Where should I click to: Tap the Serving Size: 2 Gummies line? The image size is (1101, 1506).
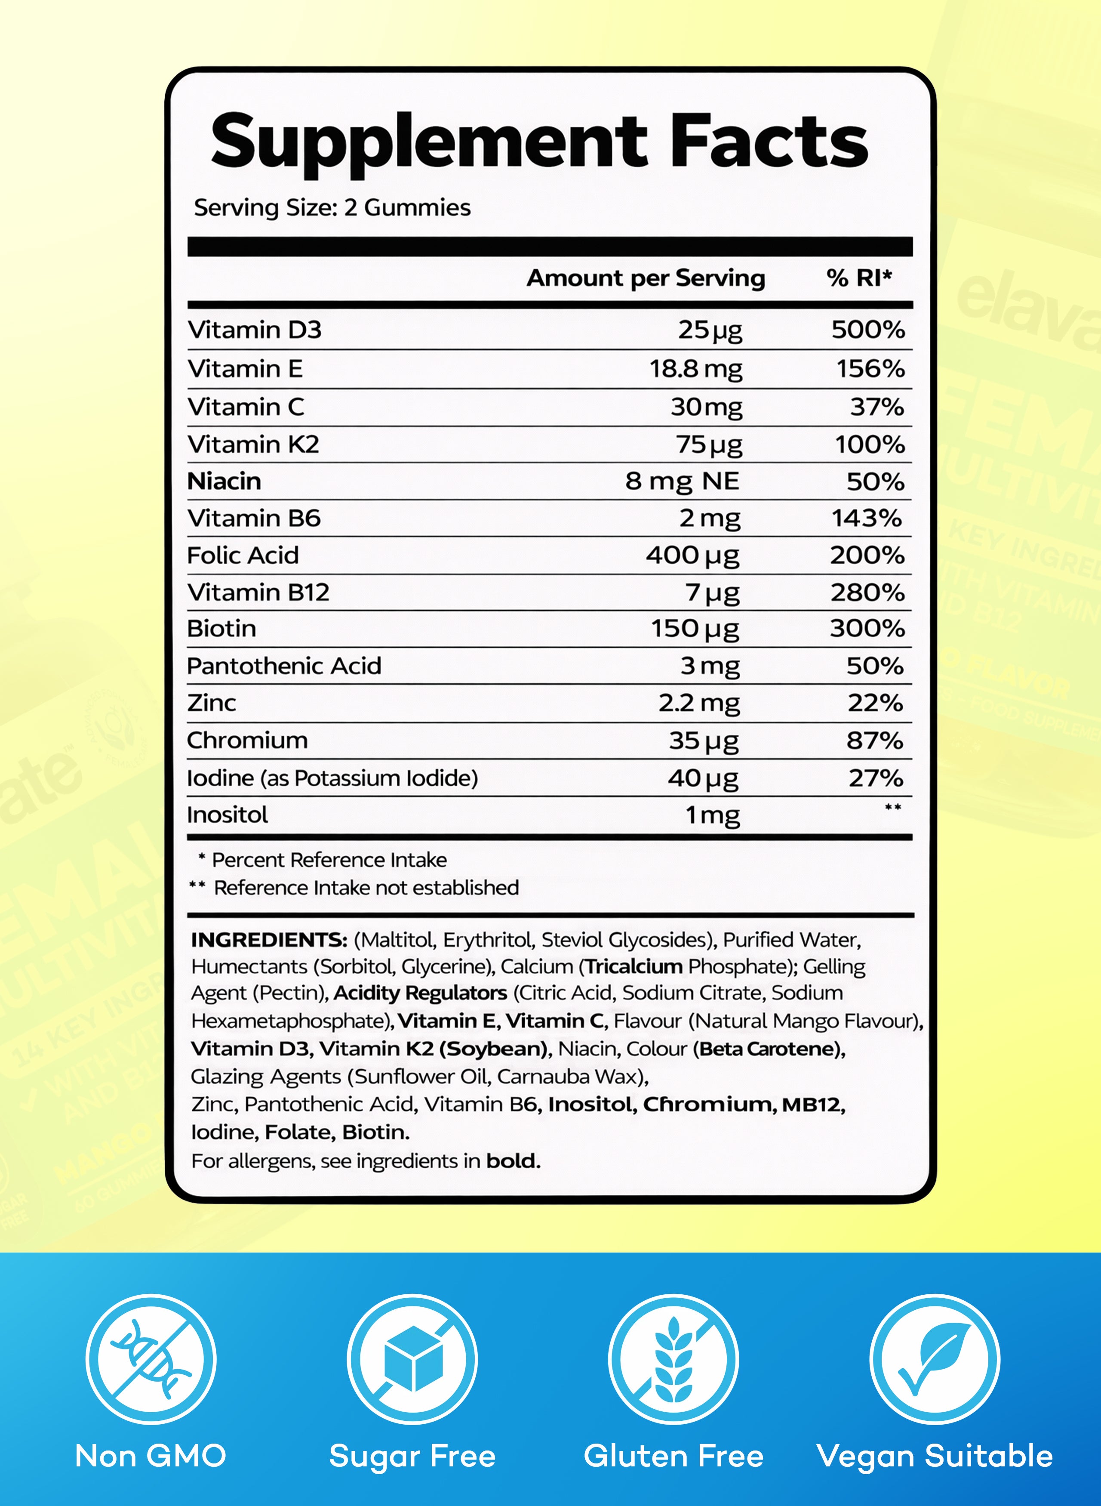click(332, 208)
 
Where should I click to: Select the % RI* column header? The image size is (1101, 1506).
click(858, 278)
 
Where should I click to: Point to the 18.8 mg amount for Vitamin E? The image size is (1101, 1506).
click(696, 369)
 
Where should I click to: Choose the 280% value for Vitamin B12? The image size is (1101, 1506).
click(867, 593)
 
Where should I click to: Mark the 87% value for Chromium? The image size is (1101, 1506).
click(874, 741)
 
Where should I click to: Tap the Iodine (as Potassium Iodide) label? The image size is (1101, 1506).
click(332, 778)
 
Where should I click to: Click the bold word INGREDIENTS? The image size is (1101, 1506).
click(269, 940)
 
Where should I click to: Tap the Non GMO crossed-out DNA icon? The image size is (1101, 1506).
click(151, 1359)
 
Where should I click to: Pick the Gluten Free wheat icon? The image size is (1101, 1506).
click(673, 1359)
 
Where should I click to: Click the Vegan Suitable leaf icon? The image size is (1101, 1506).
click(935, 1359)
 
